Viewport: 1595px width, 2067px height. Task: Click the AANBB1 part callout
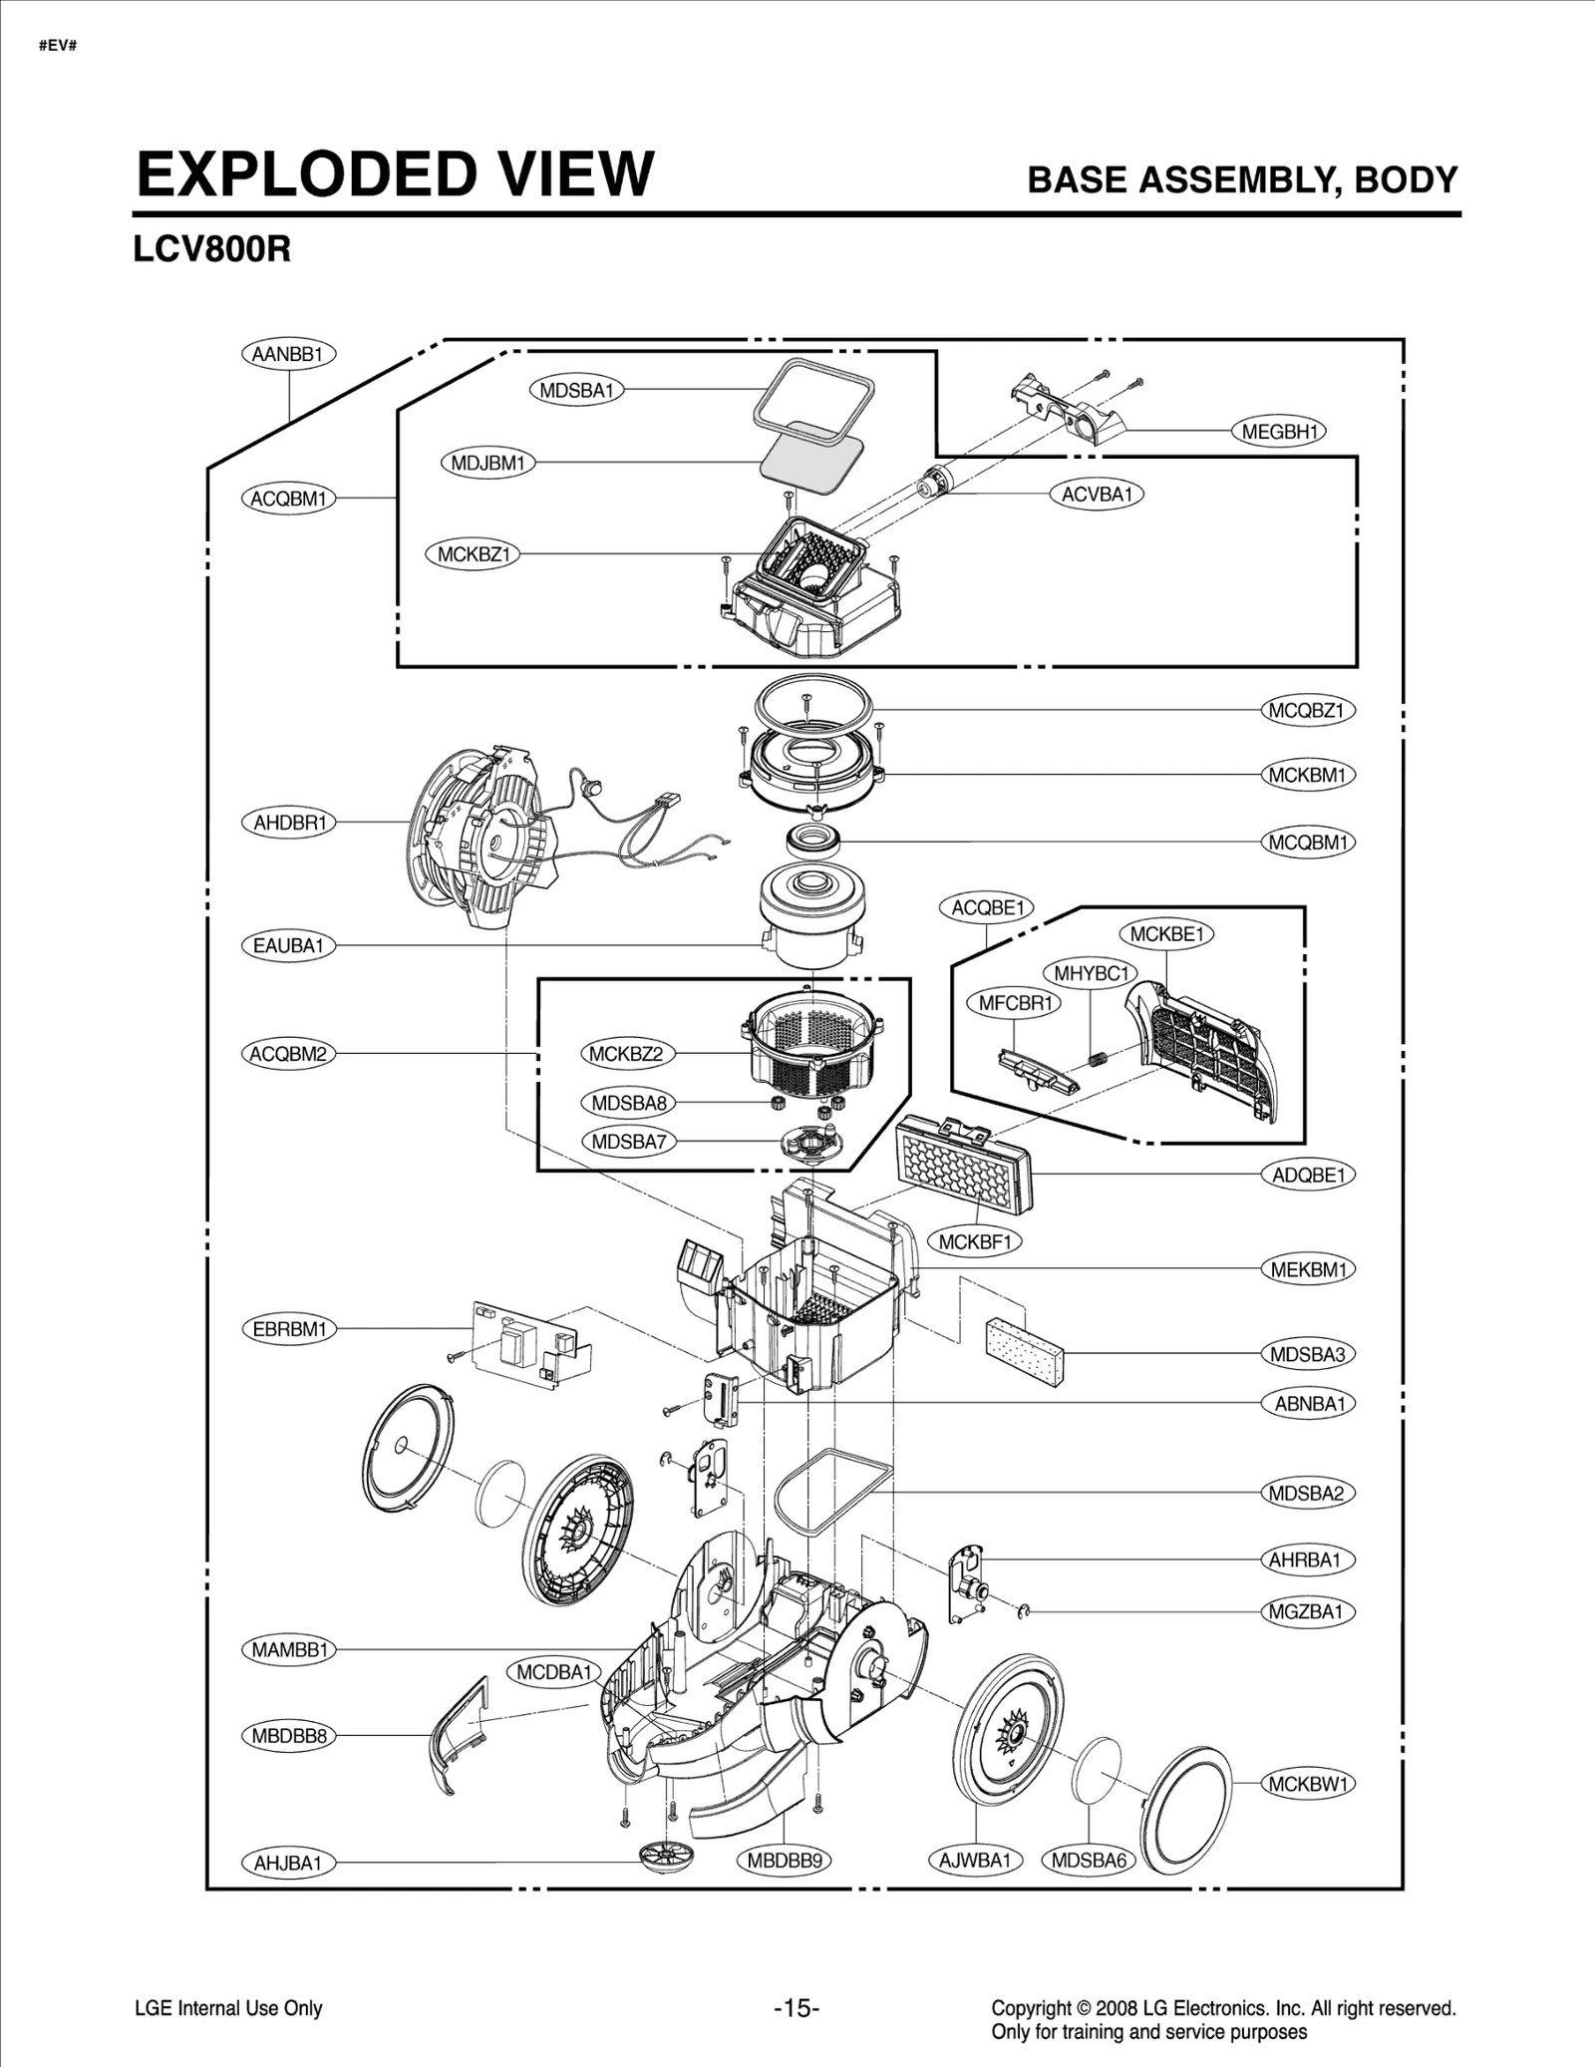288,354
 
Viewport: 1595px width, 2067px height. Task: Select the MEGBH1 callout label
1279,432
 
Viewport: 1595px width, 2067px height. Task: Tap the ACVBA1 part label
1097,495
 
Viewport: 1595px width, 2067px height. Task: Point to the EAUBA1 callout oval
288,945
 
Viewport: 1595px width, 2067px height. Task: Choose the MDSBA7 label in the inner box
628,1142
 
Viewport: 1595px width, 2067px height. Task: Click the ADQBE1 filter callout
1308,1175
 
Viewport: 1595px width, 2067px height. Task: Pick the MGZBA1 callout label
1306,1611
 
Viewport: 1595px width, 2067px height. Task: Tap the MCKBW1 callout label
1308,1784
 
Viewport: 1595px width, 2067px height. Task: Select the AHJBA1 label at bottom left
288,1863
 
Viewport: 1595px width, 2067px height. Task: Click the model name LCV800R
211,249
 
